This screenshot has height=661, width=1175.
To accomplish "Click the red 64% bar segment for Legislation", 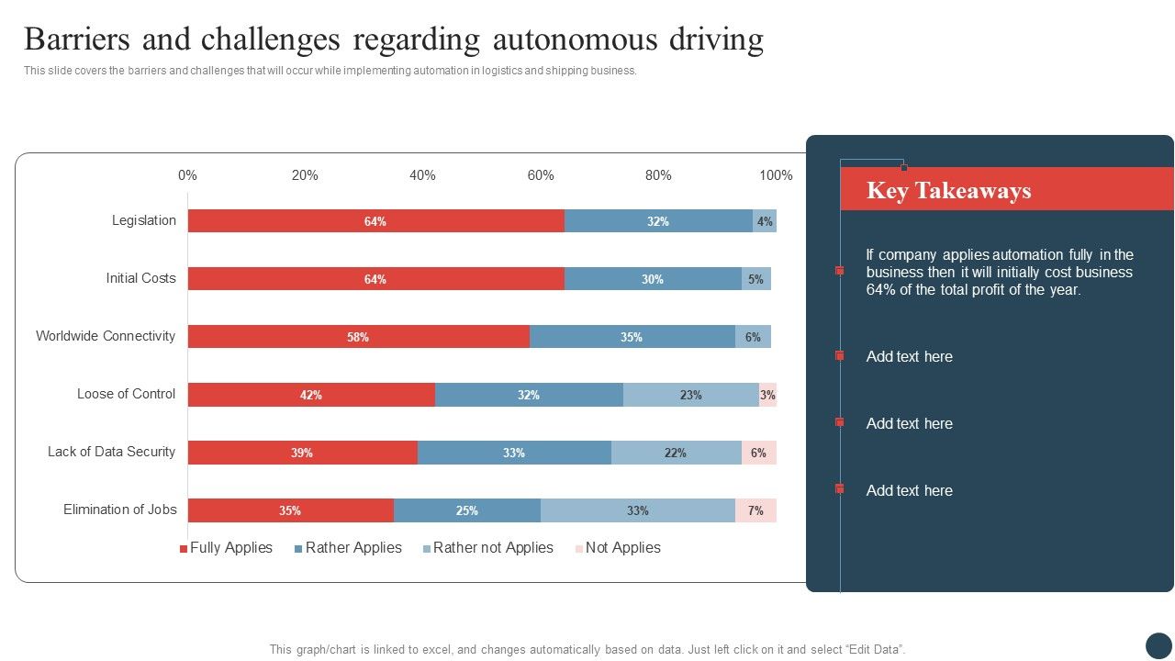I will pos(375,221).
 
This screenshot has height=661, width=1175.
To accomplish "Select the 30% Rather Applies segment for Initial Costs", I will pos(653,279).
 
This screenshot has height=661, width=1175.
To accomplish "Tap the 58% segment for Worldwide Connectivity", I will pos(358,337).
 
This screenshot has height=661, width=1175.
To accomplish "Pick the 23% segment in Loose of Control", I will pos(690,395).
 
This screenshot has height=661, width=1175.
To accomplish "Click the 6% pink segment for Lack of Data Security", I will pos(758,453).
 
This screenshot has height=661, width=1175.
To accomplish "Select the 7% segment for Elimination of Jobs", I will pos(755,510).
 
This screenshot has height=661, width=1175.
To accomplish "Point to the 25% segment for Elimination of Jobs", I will pos(466,510).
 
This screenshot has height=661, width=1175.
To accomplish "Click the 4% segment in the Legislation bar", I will pos(765,221).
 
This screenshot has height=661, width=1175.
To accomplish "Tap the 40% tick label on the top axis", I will pos(422,175).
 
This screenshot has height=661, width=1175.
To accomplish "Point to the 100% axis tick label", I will pos(776,175).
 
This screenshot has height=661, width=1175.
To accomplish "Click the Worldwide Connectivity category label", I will pos(106,336).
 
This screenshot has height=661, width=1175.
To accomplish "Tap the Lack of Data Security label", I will pos(111,452).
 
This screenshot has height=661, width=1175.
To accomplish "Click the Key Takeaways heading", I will pos(948,190).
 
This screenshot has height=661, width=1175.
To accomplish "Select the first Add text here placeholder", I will pos(909,356).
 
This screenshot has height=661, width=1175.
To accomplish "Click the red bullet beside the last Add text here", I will pos(839,489).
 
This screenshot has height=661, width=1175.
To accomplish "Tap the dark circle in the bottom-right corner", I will pos(1158,644).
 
